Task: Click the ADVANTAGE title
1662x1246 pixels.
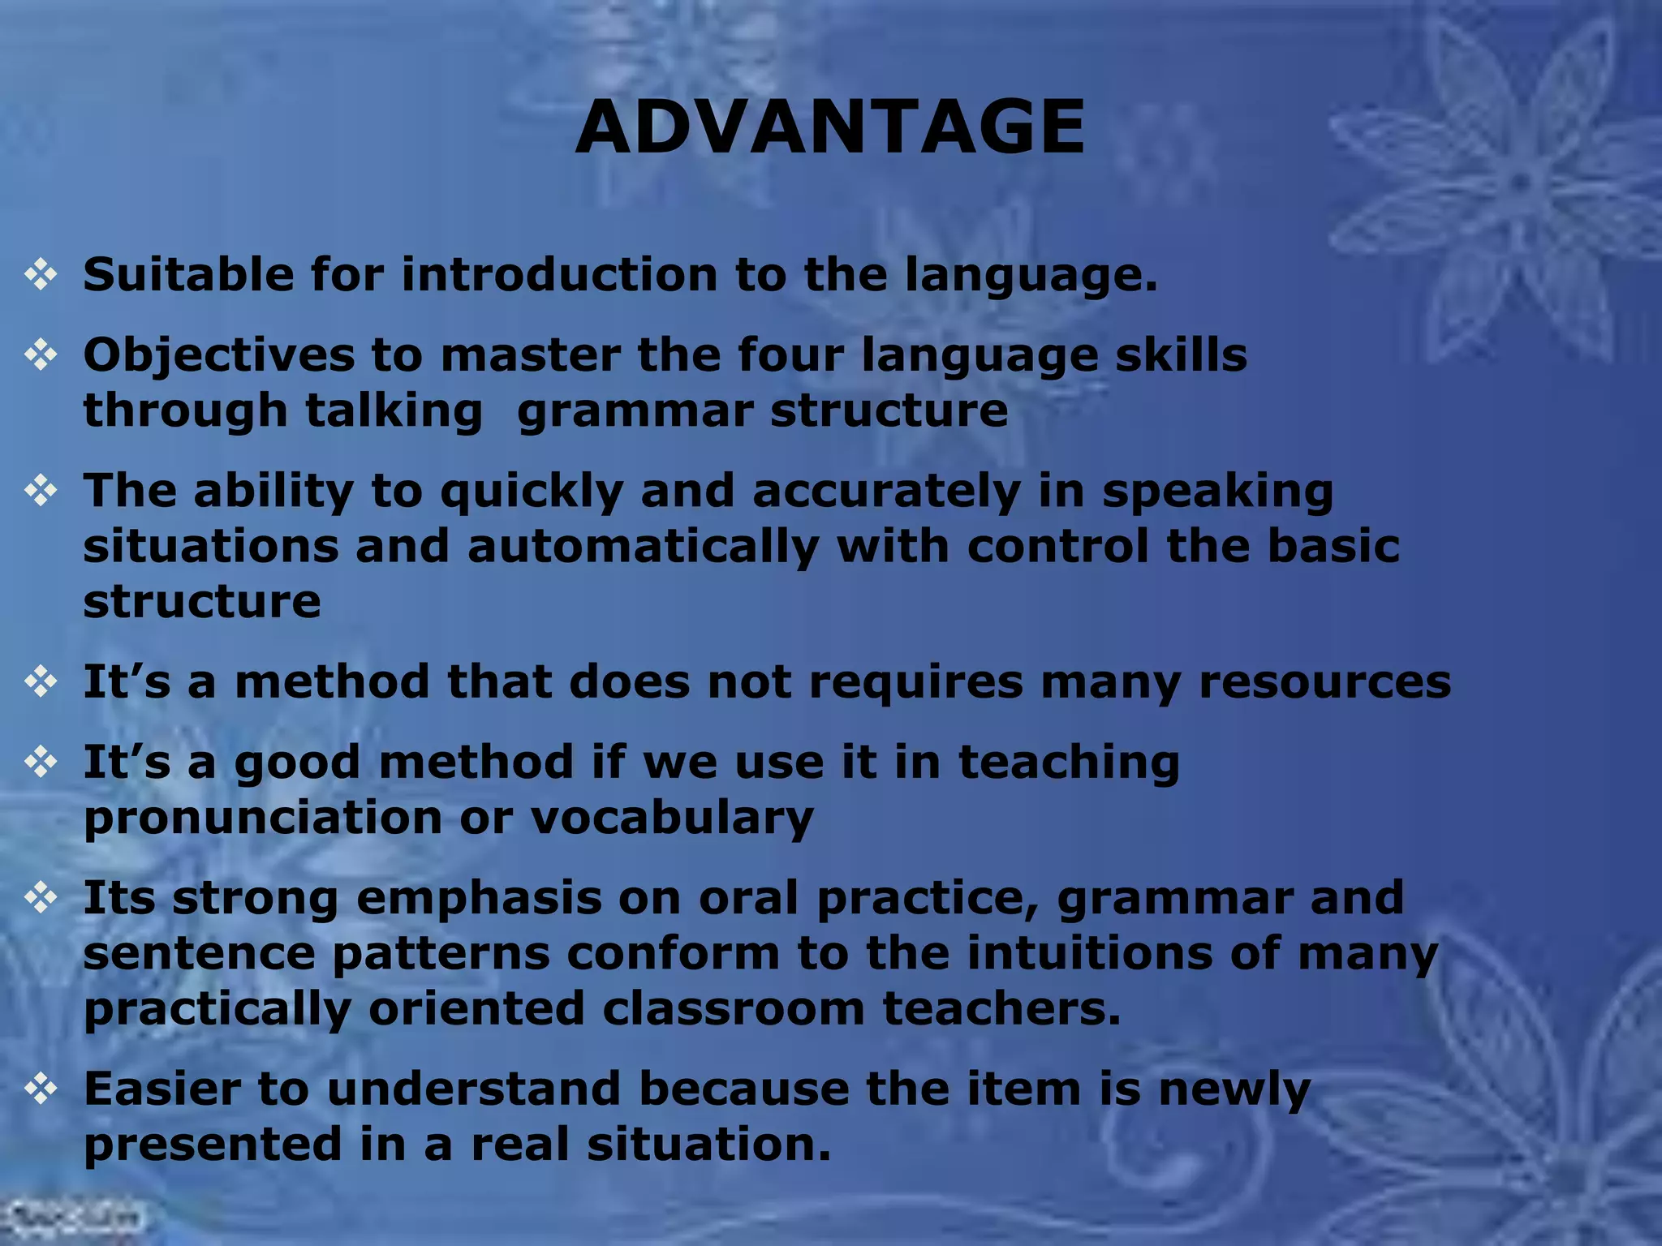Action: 829,127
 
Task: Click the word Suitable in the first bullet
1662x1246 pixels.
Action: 188,274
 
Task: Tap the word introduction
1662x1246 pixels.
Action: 559,274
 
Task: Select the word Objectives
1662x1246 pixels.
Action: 219,355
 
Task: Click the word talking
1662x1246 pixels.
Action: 394,410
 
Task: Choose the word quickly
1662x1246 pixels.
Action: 532,492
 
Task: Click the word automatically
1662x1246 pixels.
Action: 643,547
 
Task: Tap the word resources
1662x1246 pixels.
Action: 1324,681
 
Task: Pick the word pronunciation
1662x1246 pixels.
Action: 263,818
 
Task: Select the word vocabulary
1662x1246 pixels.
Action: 671,818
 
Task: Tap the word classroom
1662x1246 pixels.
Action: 734,1008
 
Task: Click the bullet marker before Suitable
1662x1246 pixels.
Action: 41,275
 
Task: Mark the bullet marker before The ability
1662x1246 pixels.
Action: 41,491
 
